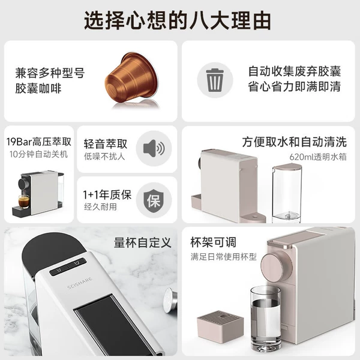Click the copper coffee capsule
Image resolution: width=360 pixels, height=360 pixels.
[132, 77]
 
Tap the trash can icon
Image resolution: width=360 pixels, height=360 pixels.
[215, 80]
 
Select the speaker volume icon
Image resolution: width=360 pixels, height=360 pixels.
[154, 148]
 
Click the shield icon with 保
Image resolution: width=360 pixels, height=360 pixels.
[154, 200]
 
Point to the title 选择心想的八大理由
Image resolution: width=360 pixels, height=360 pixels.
[177, 20]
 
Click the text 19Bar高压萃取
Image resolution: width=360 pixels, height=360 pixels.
[39, 142]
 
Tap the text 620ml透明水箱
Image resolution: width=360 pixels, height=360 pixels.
[318, 157]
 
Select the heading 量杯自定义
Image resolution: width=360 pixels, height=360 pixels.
[143, 242]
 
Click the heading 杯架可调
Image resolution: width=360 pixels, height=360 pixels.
[213, 242]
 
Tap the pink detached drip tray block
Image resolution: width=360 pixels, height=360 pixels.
[220, 327]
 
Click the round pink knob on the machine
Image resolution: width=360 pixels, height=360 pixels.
[276, 266]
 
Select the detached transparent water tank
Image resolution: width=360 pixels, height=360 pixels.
[287, 193]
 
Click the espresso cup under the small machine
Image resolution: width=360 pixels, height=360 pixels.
[23, 202]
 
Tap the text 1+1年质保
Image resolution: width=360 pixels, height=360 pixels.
[107, 194]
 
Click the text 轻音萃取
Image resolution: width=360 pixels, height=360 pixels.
[106, 144]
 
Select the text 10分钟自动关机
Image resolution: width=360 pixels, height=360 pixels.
[38, 154]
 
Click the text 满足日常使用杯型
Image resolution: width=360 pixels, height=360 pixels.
[223, 256]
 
